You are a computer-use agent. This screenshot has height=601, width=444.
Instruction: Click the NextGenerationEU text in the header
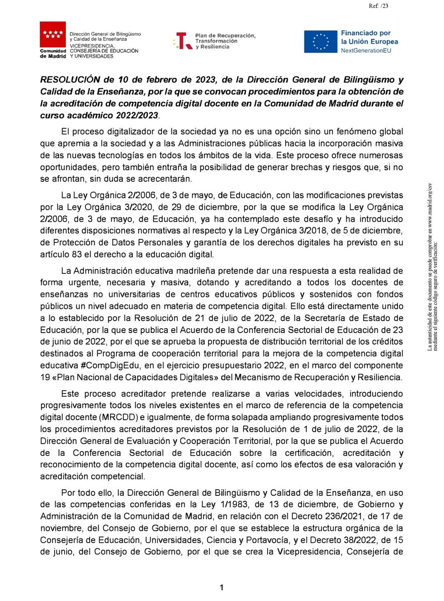pos(366,51)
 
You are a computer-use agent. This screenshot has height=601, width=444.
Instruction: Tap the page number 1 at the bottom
pos(221,588)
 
